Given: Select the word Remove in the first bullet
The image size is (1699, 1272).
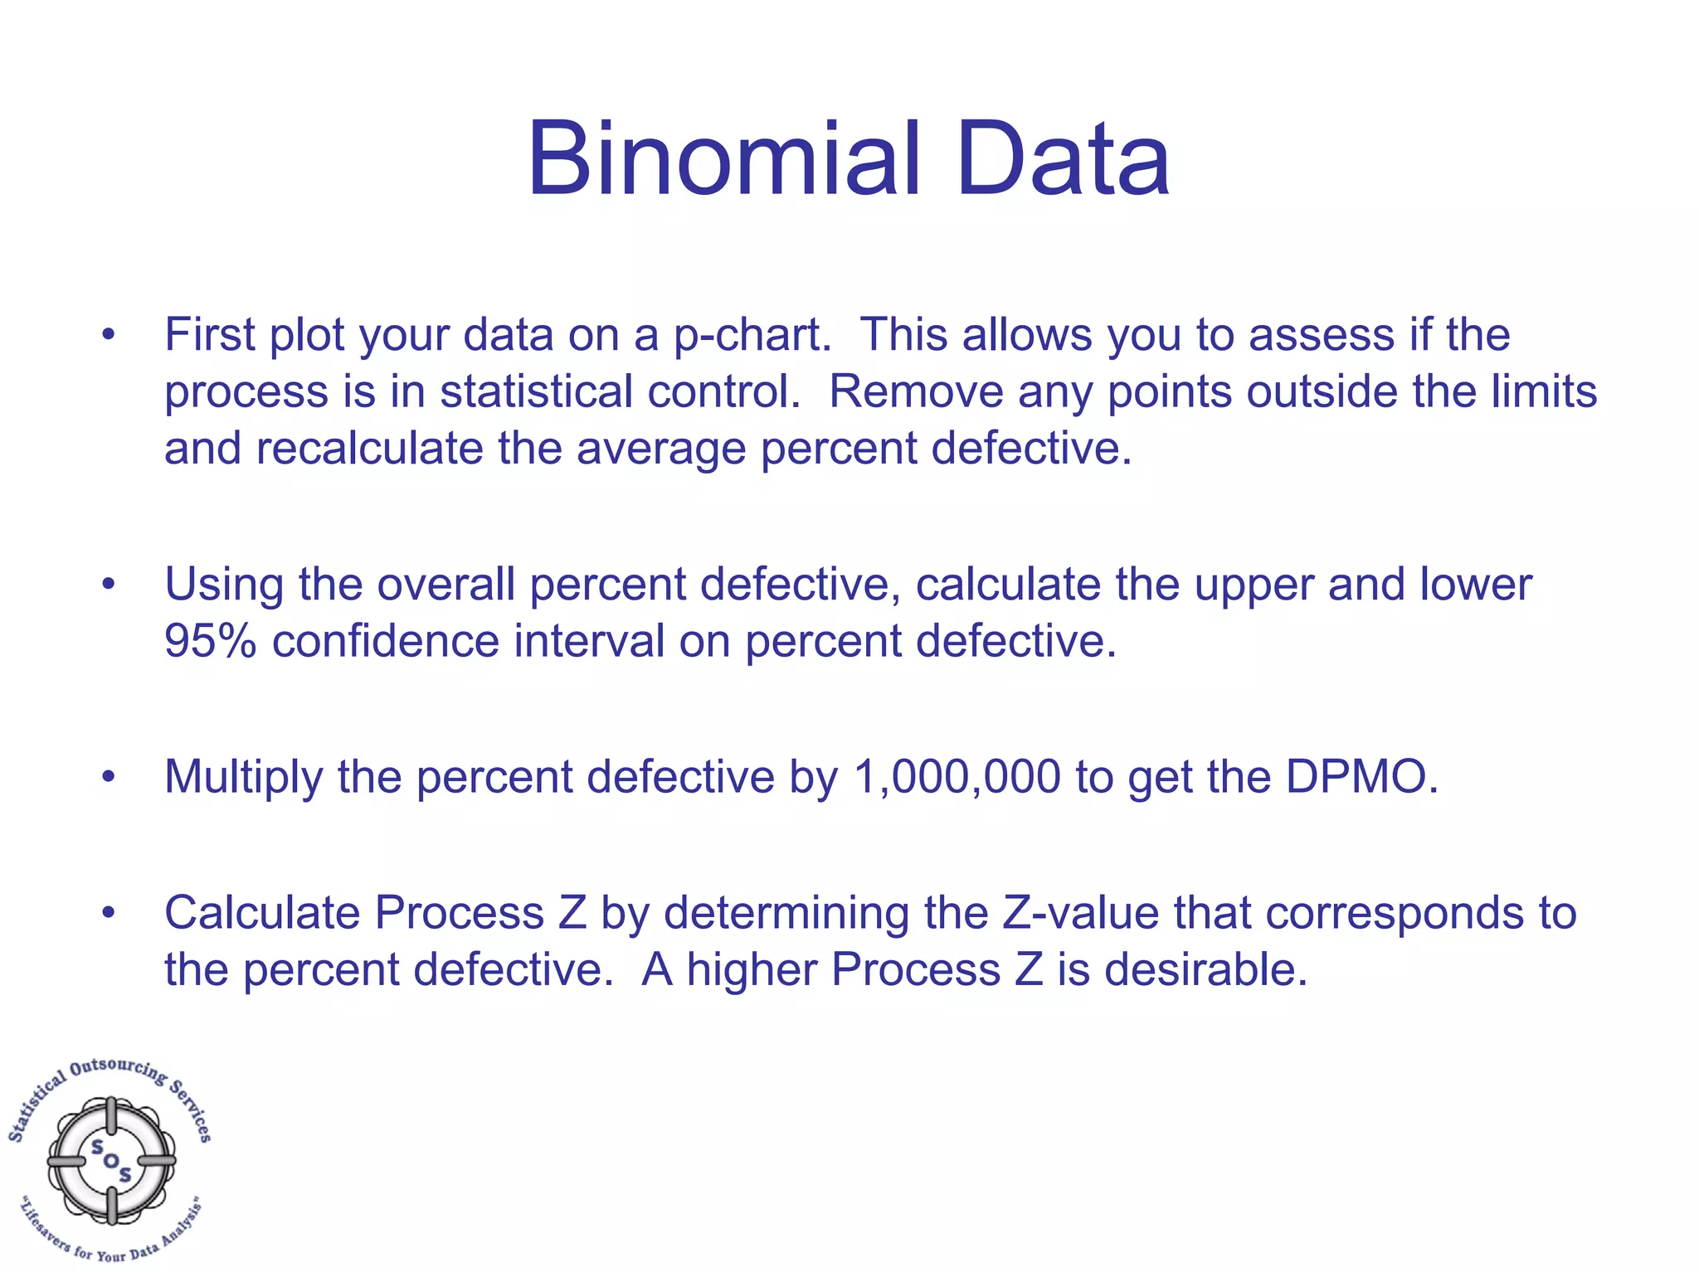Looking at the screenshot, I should [x=916, y=391].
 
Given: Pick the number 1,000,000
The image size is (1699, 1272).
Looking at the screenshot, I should [x=956, y=777].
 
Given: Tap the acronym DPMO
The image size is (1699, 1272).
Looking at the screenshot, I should [x=1361, y=777].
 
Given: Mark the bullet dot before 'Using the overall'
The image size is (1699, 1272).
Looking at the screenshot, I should [x=108, y=585].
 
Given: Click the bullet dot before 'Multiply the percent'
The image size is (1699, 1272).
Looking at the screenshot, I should [x=108, y=777].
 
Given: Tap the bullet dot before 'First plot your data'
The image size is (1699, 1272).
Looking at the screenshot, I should [x=108, y=335].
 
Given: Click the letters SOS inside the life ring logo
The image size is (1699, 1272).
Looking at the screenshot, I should [x=111, y=1160].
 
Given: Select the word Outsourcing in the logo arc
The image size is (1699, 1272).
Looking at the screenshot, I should [x=116, y=1067].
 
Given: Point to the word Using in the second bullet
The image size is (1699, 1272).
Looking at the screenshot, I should [x=224, y=585].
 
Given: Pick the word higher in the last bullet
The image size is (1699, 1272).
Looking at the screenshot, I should [x=752, y=969].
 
